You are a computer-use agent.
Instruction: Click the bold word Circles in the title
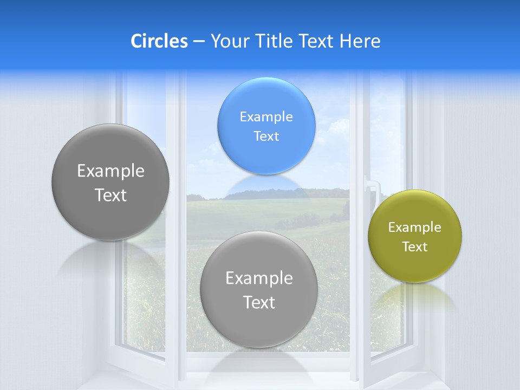159,41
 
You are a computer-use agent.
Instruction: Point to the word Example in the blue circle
266,116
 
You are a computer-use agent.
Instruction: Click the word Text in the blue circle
266,136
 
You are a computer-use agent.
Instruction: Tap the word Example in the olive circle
414,227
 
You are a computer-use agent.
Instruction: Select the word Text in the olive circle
414,246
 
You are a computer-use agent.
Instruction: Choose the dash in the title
198,41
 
